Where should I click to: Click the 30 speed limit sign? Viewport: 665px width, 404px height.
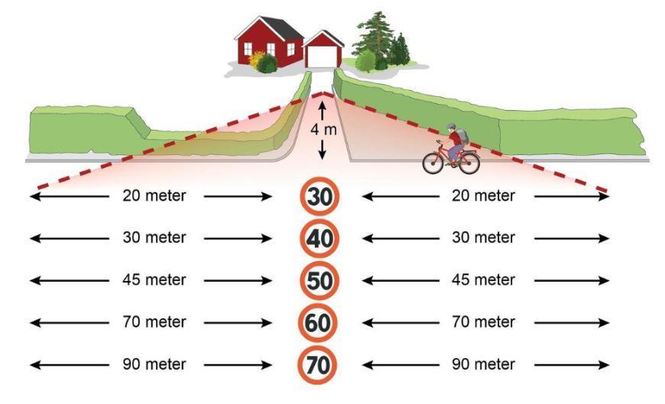coord(319,196)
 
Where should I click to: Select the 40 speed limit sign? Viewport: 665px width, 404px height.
coord(319,238)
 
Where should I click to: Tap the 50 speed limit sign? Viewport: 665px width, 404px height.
coord(319,280)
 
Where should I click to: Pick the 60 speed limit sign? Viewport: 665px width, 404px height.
coord(319,322)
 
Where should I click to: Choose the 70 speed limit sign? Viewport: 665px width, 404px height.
coord(317,364)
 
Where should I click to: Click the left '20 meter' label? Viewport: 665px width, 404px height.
coord(154,196)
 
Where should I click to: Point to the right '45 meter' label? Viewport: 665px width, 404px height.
coord(484,280)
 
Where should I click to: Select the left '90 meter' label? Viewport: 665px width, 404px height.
coord(154,364)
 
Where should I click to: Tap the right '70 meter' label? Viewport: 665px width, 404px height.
coord(484,322)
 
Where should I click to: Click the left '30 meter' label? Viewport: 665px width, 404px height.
coord(154,238)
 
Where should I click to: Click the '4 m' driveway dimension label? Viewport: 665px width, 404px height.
coord(323,130)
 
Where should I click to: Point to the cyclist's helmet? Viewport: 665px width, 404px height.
coord(451,128)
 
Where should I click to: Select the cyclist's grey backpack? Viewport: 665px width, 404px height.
coord(463,136)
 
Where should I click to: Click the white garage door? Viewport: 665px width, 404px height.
coord(323,57)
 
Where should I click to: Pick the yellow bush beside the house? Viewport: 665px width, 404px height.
coord(255,59)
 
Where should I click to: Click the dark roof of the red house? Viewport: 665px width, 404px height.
coord(281,27)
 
